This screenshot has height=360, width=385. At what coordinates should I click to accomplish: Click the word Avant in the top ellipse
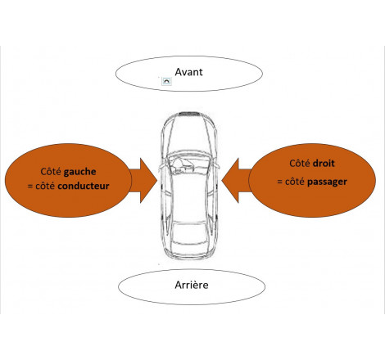coord(188,71)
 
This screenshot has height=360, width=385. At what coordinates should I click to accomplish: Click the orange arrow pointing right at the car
coord(145,178)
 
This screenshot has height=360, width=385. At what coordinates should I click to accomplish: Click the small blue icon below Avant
coord(166,83)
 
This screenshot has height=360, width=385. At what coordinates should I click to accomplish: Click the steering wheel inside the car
coord(177,164)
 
